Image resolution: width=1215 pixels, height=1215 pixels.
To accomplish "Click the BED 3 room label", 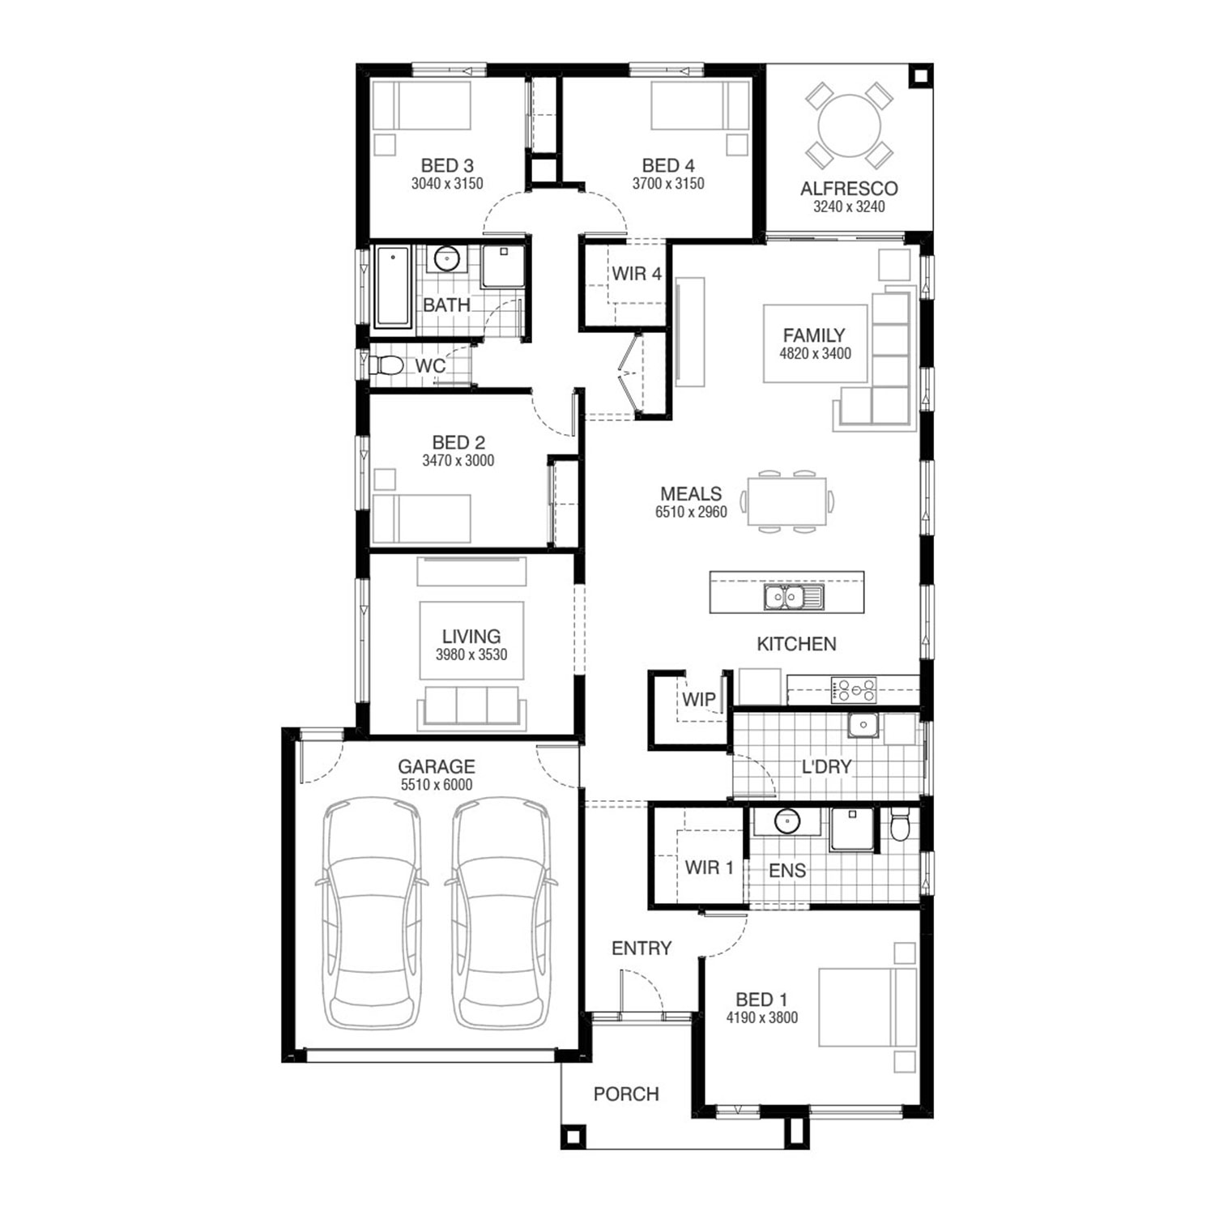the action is (x=447, y=166).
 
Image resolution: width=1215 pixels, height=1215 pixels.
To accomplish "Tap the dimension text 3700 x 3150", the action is (x=668, y=184).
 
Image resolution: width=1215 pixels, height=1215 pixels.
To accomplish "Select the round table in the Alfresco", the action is (x=849, y=126).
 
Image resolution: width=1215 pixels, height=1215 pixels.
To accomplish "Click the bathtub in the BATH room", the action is (x=393, y=287).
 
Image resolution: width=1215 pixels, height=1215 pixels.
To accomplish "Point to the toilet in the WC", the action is (x=386, y=366).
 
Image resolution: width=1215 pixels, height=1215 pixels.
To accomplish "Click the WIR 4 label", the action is (x=637, y=274).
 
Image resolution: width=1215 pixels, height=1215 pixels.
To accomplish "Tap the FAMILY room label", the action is (x=814, y=335).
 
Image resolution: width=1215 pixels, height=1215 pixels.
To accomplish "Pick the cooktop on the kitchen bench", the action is (x=854, y=690).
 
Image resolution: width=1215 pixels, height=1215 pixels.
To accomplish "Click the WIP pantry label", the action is (x=698, y=699).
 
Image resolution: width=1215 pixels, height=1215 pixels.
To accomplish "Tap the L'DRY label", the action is (x=826, y=766).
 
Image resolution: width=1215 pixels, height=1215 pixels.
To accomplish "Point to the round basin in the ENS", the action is (x=787, y=822).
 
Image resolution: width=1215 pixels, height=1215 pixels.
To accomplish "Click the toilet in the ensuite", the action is (x=900, y=825).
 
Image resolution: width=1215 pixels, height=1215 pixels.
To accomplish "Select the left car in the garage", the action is (x=373, y=913).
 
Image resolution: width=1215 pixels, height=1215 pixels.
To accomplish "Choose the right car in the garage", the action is (x=501, y=913).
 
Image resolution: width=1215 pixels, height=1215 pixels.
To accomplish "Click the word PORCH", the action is (x=626, y=1094).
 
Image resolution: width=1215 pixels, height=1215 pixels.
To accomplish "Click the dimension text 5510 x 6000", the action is (x=437, y=785).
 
